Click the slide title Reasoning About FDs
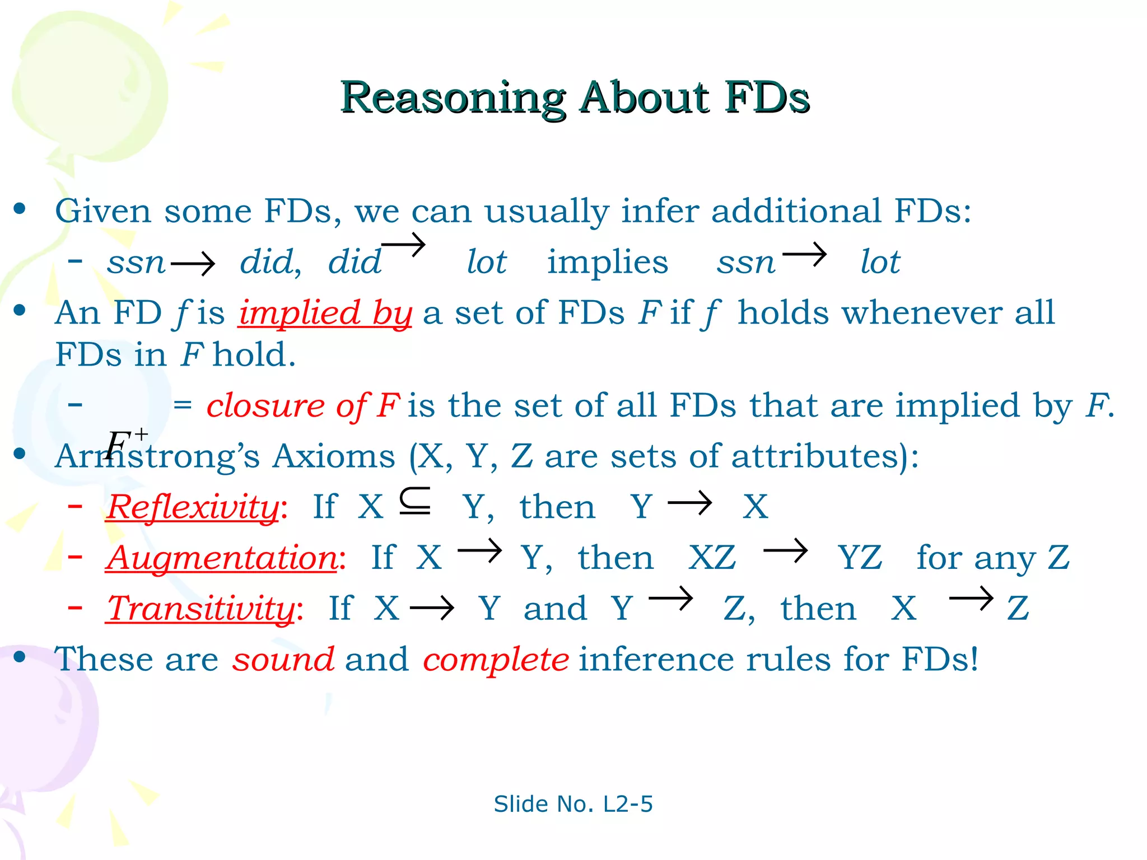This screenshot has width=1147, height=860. point(575,97)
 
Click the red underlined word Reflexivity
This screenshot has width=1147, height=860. point(193,507)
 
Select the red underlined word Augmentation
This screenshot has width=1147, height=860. point(222,558)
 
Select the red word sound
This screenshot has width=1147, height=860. point(283,659)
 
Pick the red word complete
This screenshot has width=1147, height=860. point(496,659)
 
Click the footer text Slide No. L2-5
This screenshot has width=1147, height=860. point(573,803)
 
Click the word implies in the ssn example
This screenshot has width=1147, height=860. point(607,262)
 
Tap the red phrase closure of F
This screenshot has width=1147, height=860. point(303,405)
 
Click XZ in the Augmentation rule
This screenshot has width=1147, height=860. point(712,558)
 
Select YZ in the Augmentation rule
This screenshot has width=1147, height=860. point(860,558)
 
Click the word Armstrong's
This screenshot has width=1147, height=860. point(157,456)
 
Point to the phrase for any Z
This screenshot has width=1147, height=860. point(992,558)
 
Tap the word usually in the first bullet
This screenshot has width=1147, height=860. point(546,212)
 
